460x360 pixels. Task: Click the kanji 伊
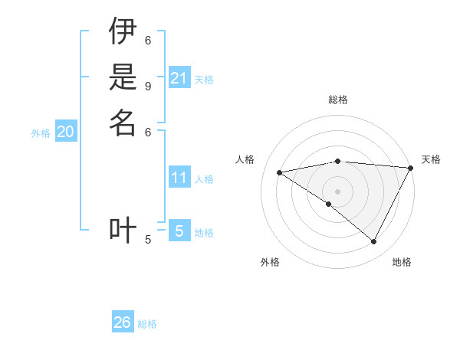[x=123, y=31]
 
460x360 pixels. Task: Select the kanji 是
[x=123, y=77]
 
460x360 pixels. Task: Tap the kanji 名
[x=123, y=123]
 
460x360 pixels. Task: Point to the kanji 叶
[x=123, y=230]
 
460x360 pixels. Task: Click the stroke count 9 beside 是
[x=148, y=86]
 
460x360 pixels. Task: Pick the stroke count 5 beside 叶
[x=148, y=240]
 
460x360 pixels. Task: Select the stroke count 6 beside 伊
[x=148, y=40]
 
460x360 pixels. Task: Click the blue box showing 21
[x=179, y=78]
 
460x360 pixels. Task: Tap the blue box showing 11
[x=179, y=178]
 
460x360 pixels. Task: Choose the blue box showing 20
[x=66, y=133]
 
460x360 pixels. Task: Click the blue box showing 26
[x=123, y=322]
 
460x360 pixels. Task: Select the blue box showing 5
[x=179, y=231]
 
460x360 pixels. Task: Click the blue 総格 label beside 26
[x=147, y=324]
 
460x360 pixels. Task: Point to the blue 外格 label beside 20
[x=41, y=133]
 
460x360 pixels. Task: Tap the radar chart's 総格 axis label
[x=338, y=100]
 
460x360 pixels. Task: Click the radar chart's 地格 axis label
[x=402, y=262]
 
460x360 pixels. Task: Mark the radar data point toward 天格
[x=410, y=168]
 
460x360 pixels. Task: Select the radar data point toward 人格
[x=280, y=172]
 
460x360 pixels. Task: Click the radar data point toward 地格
[x=374, y=241]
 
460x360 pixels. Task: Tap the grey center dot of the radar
[x=338, y=191]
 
